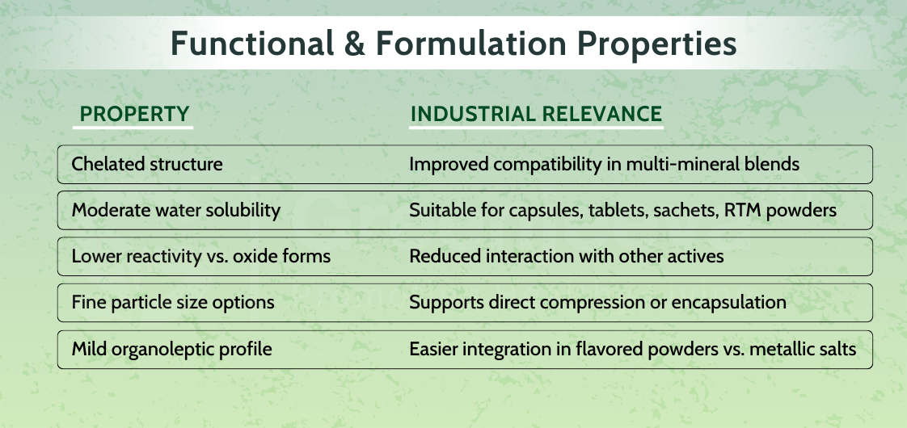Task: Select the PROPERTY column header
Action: coord(135,114)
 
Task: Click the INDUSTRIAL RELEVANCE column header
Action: coord(536,114)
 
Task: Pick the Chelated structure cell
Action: coord(147,164)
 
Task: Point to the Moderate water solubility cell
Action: coord(176,211)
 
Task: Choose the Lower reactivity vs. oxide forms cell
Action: coord(201,257)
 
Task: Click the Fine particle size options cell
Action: coord(173,303)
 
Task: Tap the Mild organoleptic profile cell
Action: coord(171,350)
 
